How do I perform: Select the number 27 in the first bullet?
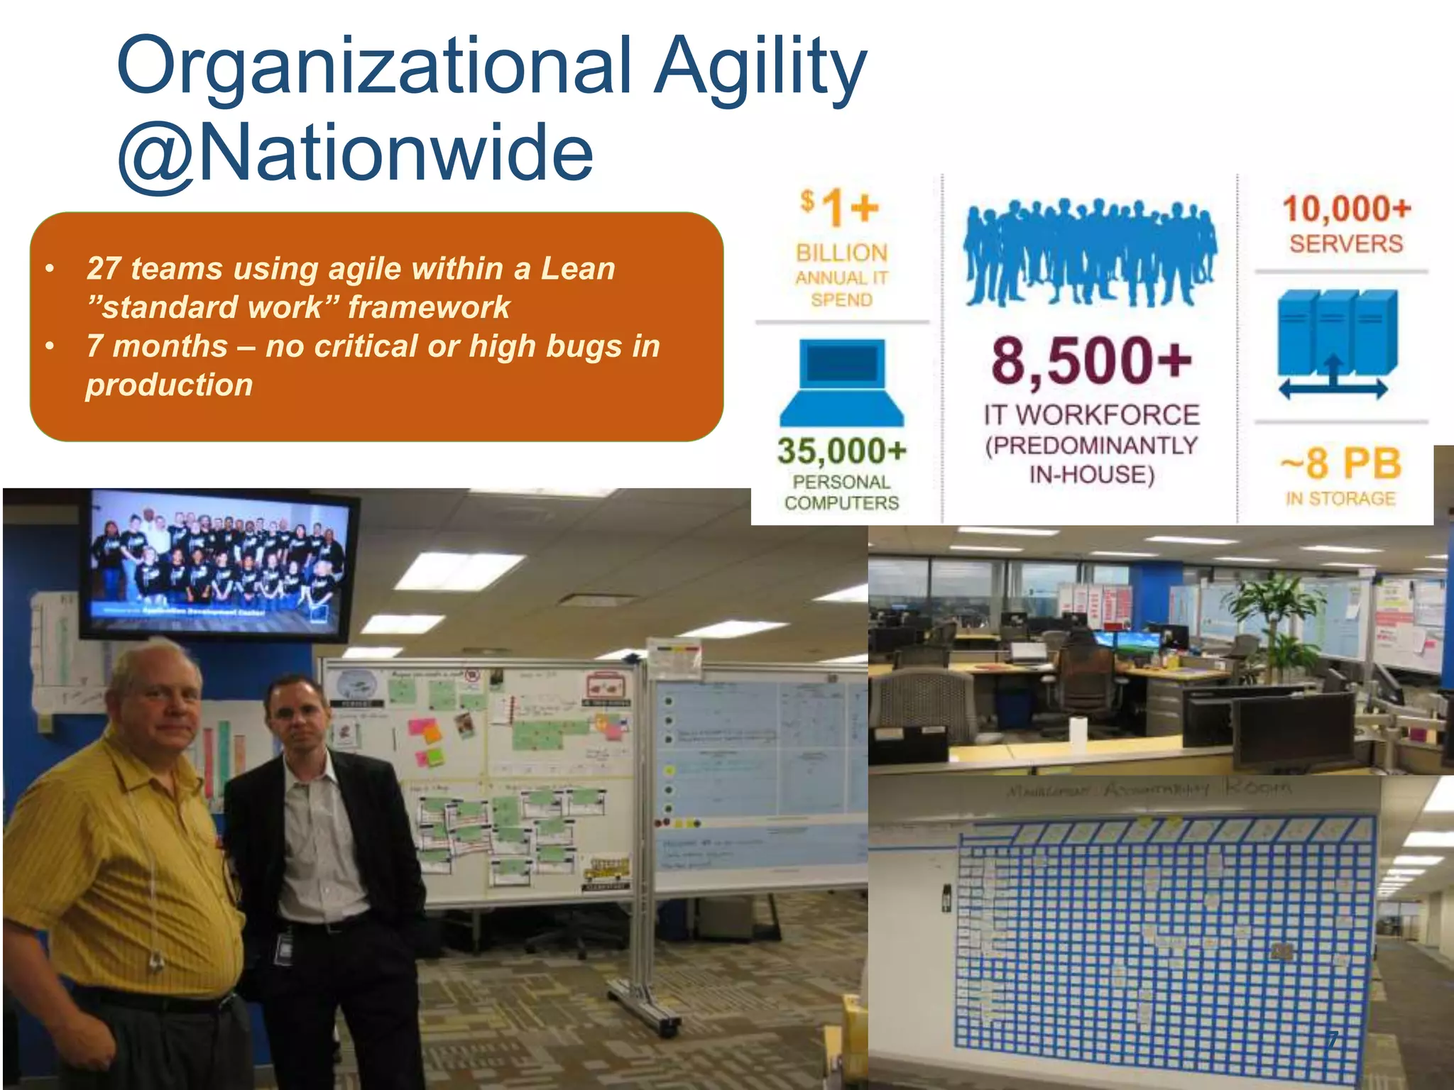(x=104, y=269)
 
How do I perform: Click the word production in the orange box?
(x=169, y=385)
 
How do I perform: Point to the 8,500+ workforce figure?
(x=1091, y=360)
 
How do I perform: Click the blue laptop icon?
(x=842, y=382)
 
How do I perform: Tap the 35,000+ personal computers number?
(x=842, y=450)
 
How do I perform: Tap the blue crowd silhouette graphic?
(x=1089, y=252)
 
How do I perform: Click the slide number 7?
(x=1333, y=1039)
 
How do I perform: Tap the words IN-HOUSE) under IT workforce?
(x=1091, y=474)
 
